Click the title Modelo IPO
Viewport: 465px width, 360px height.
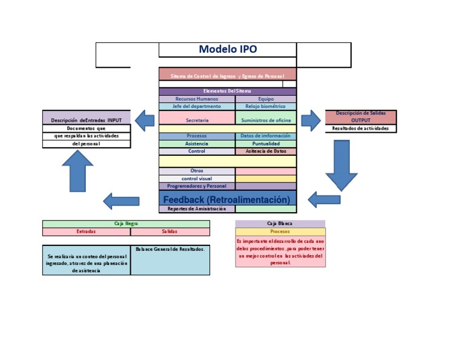pyautogui.click(x=228, y=50)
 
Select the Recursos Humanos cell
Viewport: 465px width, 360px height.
pyautogui.click(x=197, y=99)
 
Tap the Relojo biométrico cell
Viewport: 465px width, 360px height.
pyautogui.click(x=266, y=106)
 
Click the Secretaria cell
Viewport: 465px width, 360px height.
pyautogui.click(x=197, y=120)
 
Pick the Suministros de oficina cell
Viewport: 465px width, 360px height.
pyautogui.click(x=266, y=120)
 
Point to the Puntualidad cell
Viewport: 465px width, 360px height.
pyautogui.click(x=266, y=144)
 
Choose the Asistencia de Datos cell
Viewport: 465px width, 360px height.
pyautogui.click(x=266, y=151)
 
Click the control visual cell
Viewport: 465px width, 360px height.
pyautogui.click(x=197, y=179)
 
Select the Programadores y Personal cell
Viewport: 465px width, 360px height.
pyautogui.click(x=197, y=186)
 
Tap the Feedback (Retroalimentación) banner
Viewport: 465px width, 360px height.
pyautogui.click(x=227, y=199)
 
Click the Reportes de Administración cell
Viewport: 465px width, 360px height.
pyautogui.click(x=197, y=208)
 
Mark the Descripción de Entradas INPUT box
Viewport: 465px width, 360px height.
pyautogui.click(x=86, y=119)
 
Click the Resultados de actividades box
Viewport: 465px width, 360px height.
pyautogui.click(x=361, y=128)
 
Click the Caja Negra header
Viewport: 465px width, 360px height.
pyautogui.click(x=126, y=224)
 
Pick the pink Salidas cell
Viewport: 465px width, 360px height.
pyautogui.click(x=170, y=232)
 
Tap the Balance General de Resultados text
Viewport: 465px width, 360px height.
pyautogui.click(x=170, y=249)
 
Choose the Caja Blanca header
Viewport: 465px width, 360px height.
pyautogui.click(x=280, y=224)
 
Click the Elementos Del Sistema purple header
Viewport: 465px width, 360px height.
pyautogui.click(x=227, y=91)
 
